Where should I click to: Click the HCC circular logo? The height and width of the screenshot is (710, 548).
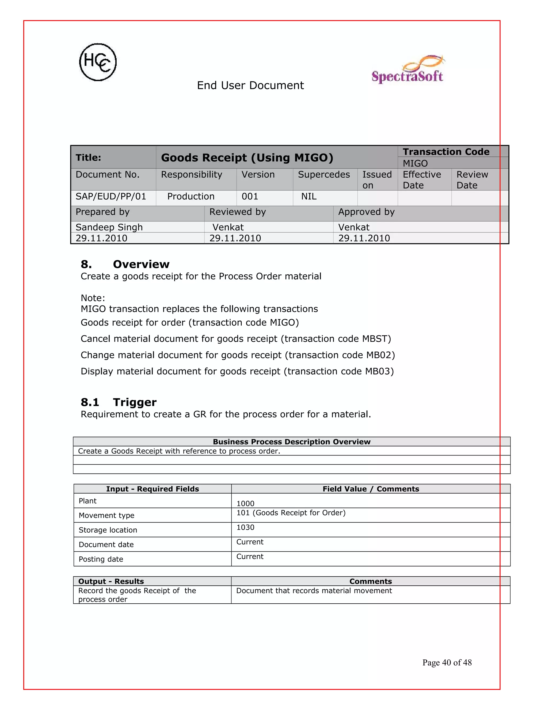pyautogui.click(x=98, y=62)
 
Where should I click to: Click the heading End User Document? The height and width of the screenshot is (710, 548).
pyautogui.click(x=250, y=85)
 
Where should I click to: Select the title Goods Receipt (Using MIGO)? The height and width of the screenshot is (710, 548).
pyautogui.click(x=247, y=158)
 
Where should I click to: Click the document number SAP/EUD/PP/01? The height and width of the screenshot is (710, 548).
pyautogui.click(x=111, y=196)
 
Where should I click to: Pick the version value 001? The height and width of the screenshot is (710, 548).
pyautogui.click(x=250, y=196)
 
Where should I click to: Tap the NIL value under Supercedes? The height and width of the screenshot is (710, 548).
pyautogui.click(x=309, y=196)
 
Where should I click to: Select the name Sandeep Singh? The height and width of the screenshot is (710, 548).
pyautogui.click(x=109, y=227)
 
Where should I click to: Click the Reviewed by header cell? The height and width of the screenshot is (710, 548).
pyautogui.click(x=237, y=212)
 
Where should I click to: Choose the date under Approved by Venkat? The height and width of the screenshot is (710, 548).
pyautogui.click(x=364, y=238)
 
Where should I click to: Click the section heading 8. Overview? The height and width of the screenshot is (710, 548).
pyautogui.click(x=125, y=264)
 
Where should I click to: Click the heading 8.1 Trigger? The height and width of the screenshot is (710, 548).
pyautogui.click(x=119, y=402)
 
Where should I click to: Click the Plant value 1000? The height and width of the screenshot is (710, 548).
pyautogui.click(x=245, y=504)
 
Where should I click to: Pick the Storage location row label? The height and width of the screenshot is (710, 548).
pyautogui.click(x=108, y=530)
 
